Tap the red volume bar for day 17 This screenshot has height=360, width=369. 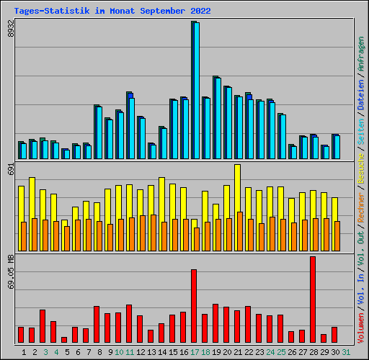pyautogui.click(x=194, y=306)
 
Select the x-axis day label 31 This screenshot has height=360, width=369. pyautogui.click(x=346, y=352)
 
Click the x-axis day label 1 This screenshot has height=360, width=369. pyautogui.click(x=24, y=352)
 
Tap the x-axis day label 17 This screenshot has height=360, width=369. pyautogui.click(x=195, y=352)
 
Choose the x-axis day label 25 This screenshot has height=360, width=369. pyautogui.click(x=281, y=352)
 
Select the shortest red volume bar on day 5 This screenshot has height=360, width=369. pyautogui.click(x=64, y=339)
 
